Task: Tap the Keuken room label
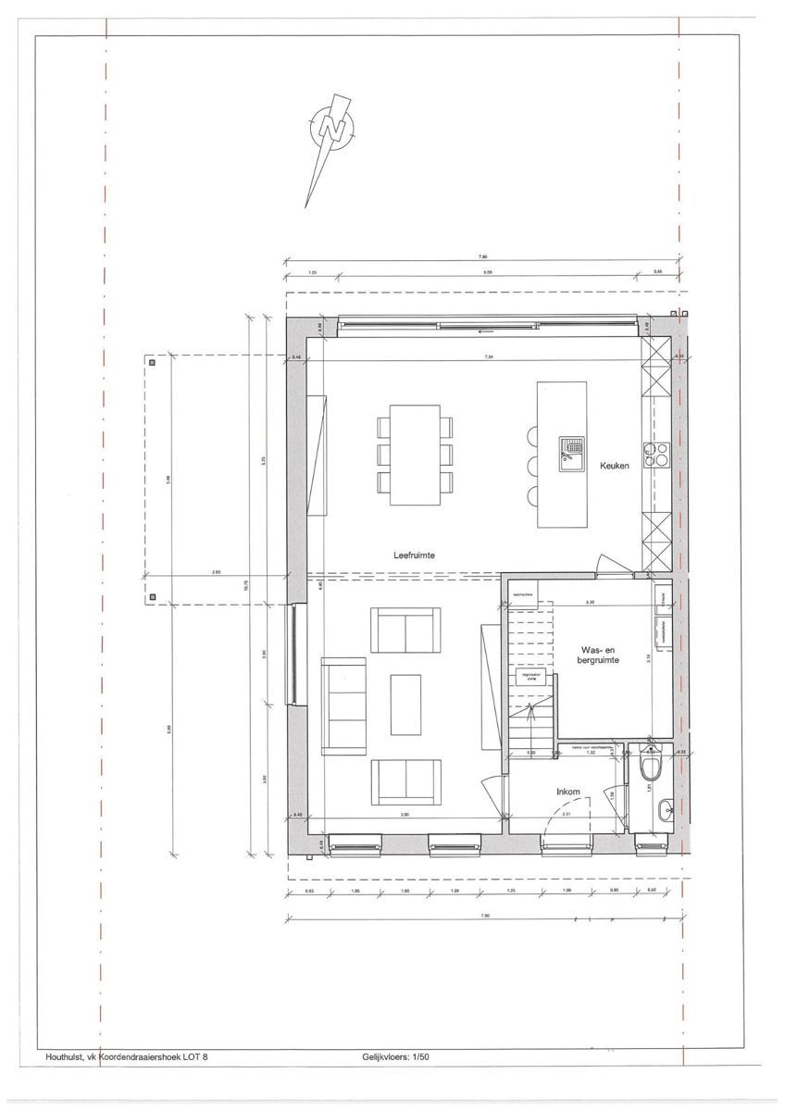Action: click(x=613, y=466)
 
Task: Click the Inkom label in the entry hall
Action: click(x=567, y=792)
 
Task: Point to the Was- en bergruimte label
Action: click(x=599, y=655)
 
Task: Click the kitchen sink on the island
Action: click(x=568, y=451)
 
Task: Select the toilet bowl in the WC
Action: click(x=649, y=768)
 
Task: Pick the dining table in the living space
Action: click(x=415, y=455)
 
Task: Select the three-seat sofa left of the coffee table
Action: click(x=342, y=705)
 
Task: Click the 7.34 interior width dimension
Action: click(x=487, y=356)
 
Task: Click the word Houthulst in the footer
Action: click(x=64, y=1056)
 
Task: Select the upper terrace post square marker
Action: click(x=154, y=363)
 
